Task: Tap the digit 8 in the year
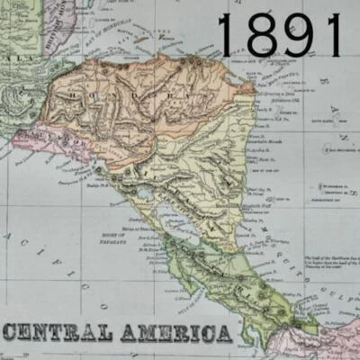[262, 36]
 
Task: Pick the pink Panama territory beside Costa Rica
[319, 342]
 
